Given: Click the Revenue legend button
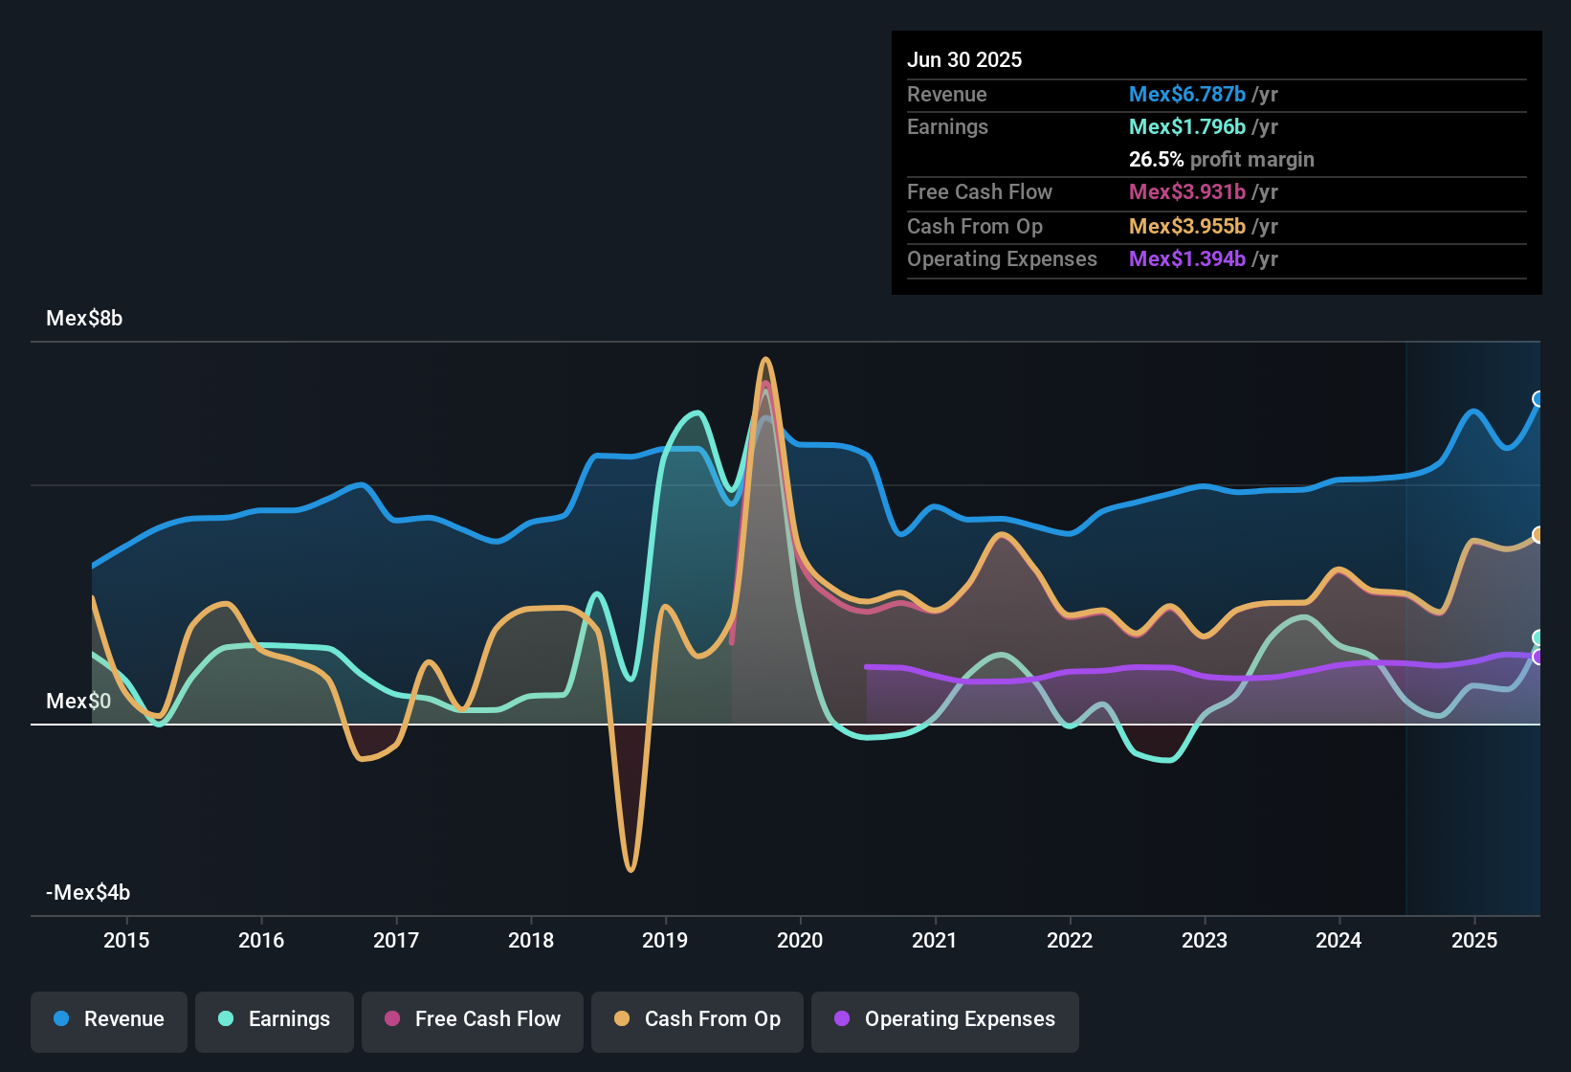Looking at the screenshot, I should click(x=109, y=1019).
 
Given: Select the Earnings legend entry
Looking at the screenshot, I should click(x=275, y=1019).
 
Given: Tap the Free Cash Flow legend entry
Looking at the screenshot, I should click(x=473, y=1019).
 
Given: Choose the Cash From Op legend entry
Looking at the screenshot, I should click(x=697, y=1019).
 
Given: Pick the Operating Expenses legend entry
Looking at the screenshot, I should click(x=945, y=1019).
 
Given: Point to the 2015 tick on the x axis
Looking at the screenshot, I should click(x=126, y=940).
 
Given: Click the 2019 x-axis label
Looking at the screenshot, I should click(x=665, y=940).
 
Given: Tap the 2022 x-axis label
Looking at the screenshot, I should click(x=1070, y=940).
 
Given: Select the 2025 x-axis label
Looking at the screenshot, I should click(x=1474, y=940).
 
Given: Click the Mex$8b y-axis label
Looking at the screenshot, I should click(x=84, y=319).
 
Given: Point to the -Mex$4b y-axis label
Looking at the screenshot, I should click(x=88, y=893).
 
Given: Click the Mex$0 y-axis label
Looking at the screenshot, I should click(x=78, y=702).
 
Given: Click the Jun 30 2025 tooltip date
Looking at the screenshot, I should click(x=964, y=60).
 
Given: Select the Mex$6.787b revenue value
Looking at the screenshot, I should click(x=1186, y=95).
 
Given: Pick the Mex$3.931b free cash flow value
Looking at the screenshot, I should click(x=1186, y=192).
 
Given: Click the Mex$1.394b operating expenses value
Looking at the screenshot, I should click(x=1186, y=259).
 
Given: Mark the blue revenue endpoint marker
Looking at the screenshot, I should click(x=1538, y=399).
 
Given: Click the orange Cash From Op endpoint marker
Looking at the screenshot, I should click(x=1538, y=535).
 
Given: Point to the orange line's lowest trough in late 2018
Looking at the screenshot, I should click(x=631, y=869).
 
